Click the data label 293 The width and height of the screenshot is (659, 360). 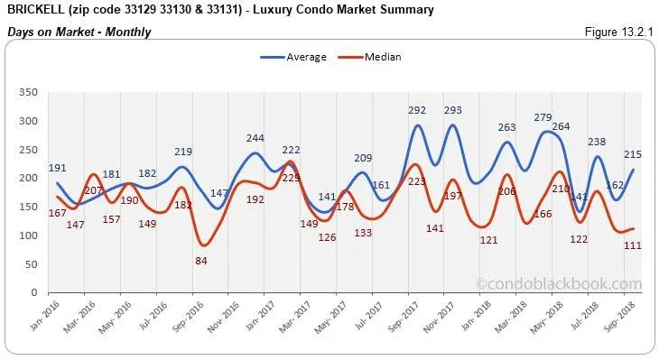452,110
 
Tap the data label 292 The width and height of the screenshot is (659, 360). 417,110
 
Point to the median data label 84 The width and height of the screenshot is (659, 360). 203,261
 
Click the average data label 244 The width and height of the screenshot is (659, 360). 255,138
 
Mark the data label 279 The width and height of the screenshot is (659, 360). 542,117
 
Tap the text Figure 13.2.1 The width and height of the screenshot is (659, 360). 618,32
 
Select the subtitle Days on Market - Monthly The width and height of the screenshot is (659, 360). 79,32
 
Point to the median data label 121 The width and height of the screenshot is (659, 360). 488,240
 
